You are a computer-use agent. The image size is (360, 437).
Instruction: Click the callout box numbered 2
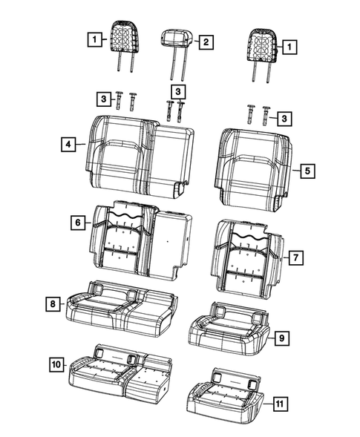[x=206, y=43]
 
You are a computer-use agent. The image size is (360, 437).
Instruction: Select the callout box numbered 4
[x=68, y=145]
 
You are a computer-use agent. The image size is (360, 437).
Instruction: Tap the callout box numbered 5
[x=307, y=171]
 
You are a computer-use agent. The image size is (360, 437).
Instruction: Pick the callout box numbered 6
[x=76, y=221]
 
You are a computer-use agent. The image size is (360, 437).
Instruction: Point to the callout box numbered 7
[x=294, y=257]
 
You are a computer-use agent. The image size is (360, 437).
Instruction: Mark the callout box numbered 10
[x=56, y=364]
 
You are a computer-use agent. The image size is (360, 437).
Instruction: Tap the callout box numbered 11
[x=278, y=404]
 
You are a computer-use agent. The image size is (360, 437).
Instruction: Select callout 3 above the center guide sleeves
[x=177, y=91]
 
